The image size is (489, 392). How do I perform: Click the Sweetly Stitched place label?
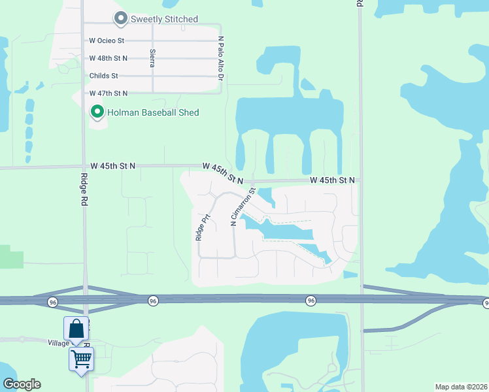(x=164, y=19)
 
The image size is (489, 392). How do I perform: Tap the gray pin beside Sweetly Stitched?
(x=120, y=18)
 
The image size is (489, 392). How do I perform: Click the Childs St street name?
(x=104, y=76)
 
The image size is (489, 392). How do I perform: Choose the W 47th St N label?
(x=109, y=93)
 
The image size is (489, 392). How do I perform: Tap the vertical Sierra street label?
(x=152, y=59)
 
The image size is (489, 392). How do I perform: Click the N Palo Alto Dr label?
(x=221, y=58)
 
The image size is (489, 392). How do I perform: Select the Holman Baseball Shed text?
(x=154, y=112)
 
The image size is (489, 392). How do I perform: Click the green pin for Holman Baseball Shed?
(x=97, y=112)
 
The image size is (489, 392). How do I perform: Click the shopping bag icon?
(x=76, y=329)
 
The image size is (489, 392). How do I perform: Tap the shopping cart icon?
(x=81, y=359)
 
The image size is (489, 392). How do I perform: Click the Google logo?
(x=22, y=384)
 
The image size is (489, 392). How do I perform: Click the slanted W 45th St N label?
(x=222, y=173)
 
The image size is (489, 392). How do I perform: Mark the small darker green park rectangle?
(x=11, y=257)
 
